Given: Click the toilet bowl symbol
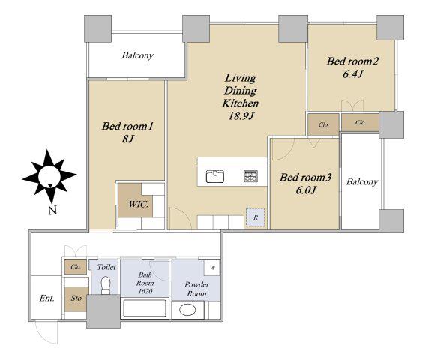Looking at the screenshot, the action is (106, 285).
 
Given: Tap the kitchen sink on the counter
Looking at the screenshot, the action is (215, 176).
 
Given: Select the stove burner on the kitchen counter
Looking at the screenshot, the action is (250, 176).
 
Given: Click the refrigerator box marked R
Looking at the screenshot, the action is (255, 217).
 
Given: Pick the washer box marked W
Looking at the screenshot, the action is (212, 268).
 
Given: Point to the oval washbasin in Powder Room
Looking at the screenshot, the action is (187, 310).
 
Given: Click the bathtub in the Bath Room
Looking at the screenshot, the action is (145, 308).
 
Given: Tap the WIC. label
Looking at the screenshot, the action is (139, 204).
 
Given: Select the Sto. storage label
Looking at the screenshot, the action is (77, 298).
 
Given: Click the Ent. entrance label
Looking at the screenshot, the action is (46, 298).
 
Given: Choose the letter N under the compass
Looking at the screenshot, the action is (53, 211).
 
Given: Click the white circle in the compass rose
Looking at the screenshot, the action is (49, 176).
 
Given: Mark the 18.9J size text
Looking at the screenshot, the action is (241, 116).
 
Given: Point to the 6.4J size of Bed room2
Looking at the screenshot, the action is (352, 73).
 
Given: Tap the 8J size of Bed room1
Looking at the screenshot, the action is (128, 139).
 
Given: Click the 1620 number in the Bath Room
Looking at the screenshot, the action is (145, 291).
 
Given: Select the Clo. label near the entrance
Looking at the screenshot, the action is (76, 267).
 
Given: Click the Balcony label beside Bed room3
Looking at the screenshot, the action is (362, 182).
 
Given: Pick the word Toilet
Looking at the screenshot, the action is (106, 267).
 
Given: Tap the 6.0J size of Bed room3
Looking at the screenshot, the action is (306, 190).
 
